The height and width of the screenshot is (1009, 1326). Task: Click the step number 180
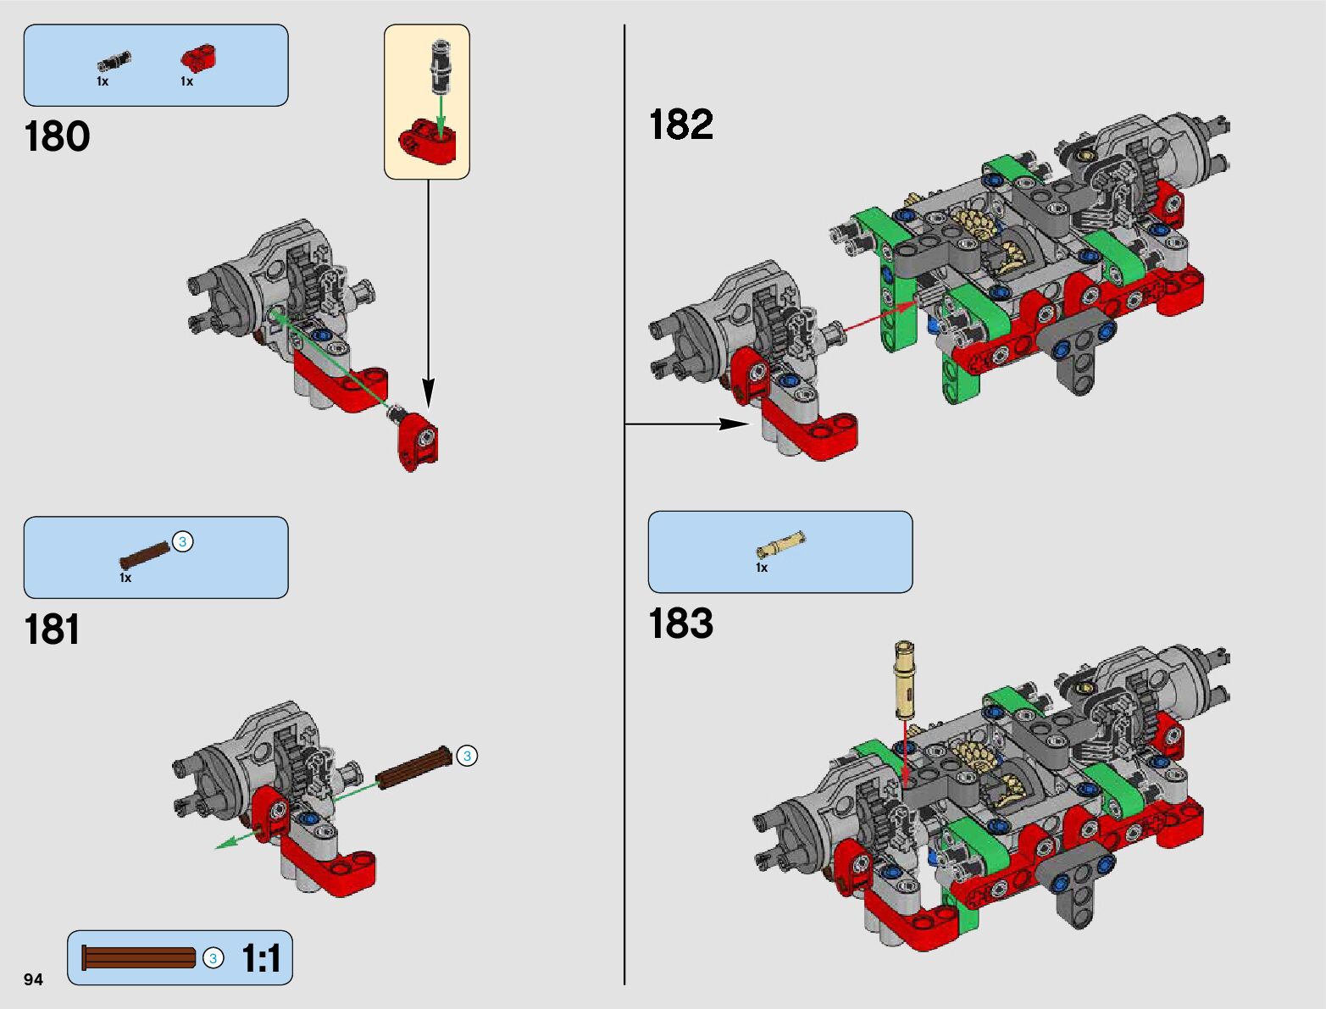[x=57, y=136]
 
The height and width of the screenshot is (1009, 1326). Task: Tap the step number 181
[x=53, y=629]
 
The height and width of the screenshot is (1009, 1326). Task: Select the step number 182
[x=680, y=125]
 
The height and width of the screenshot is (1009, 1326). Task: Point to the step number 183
[x=680, y=624]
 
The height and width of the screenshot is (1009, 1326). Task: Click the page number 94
[x=33, y=979]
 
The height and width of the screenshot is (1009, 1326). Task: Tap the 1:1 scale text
[x=261, y=958]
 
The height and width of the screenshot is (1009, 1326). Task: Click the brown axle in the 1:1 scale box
[x=139, y=958]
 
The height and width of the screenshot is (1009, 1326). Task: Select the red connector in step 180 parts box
[x=199, y=58]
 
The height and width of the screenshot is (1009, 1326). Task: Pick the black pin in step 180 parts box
[x=114, y=60]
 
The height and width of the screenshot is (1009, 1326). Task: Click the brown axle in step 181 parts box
[x=145, y=553]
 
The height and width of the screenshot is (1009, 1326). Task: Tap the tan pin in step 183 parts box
[x=780, y=543]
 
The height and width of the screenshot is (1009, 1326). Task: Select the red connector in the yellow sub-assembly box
[x=427, y=140]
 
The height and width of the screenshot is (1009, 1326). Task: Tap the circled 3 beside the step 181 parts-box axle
[x=182, y=541]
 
